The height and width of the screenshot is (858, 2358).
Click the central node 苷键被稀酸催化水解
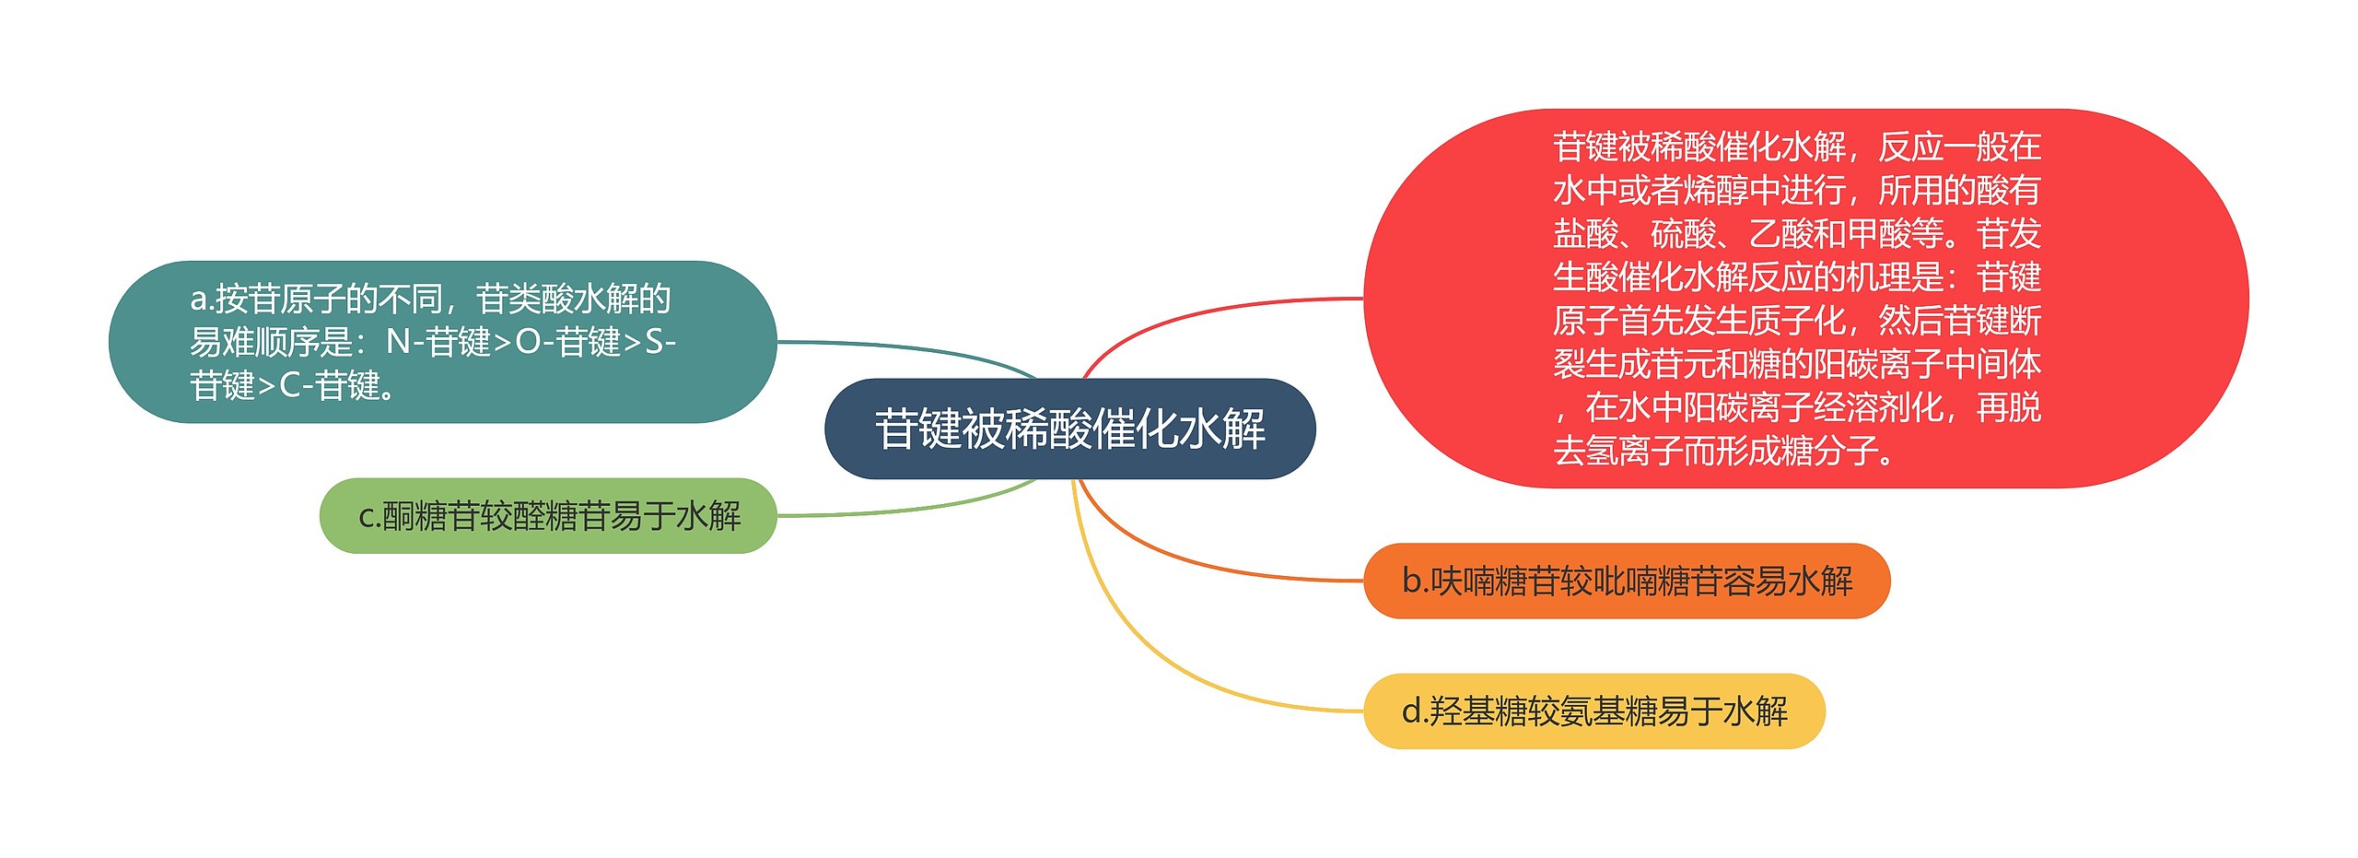1069,429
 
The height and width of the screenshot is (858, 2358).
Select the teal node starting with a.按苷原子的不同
442,342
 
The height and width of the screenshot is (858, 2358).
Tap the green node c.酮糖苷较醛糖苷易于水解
548,516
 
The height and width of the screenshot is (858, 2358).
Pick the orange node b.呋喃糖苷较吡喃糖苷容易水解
1626,582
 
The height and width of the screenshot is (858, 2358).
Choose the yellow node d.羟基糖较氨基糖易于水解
1593,711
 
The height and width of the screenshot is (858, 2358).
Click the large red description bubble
1805,299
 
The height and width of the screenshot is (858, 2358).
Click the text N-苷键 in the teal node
438,343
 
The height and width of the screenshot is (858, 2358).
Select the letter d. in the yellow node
1415,711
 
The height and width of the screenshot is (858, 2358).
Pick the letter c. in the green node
369,516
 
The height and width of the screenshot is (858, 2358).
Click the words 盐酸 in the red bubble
1585,234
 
